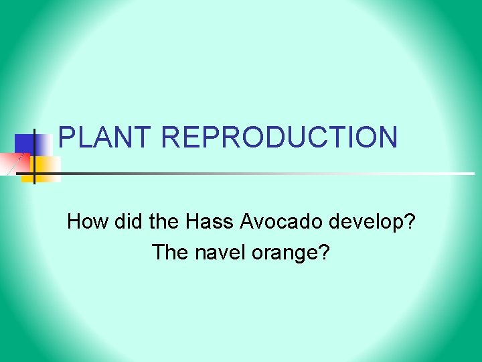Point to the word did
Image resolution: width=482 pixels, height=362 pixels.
pos(121,222)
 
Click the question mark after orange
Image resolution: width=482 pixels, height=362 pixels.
pos(325,253)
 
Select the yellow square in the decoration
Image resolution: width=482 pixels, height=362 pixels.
pos(47,168)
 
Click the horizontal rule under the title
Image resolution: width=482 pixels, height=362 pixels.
pos(268,174)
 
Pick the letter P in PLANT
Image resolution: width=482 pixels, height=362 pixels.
pos(68,137)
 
